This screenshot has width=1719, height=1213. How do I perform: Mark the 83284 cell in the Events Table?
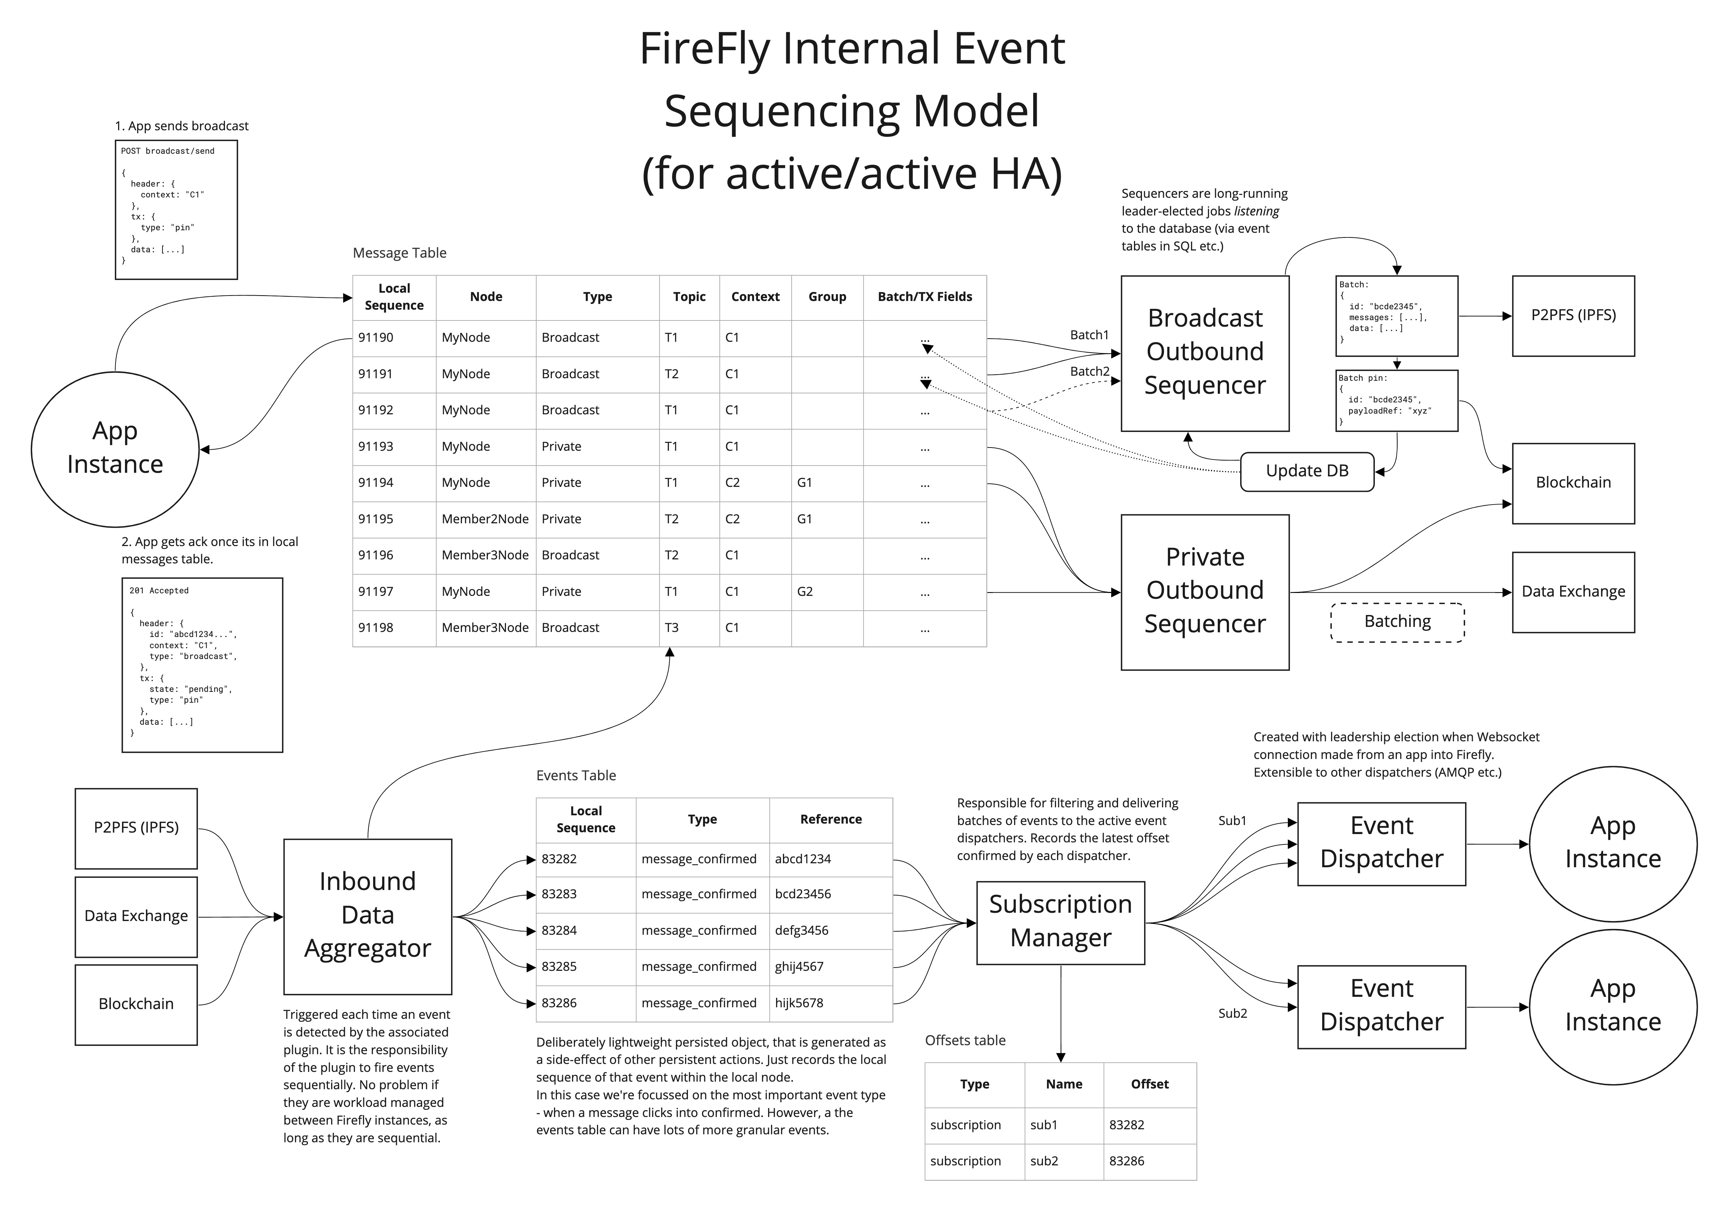(559, 931)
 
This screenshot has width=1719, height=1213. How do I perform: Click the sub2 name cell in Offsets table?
(1044, 1161)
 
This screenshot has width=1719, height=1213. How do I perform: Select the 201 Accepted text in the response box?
(159, 591)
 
